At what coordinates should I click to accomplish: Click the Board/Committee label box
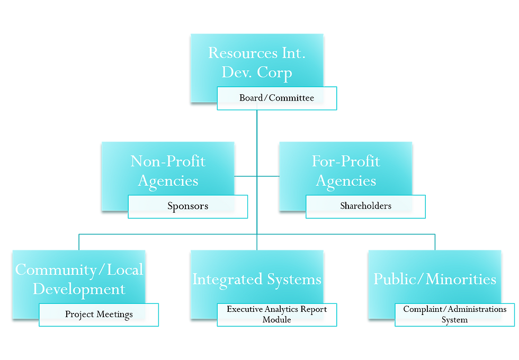pos(276,98)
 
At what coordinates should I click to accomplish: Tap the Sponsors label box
pos(187,206)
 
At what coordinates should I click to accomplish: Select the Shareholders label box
pos(365,206)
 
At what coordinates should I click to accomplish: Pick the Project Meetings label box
pos(99,314)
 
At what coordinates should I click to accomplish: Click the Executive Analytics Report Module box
pos(276,314)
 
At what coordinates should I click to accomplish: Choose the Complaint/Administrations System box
pos(454,314)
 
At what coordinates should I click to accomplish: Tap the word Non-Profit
pos(168,161)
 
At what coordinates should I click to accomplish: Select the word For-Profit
pos(346,161)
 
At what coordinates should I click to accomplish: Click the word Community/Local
pos(79,269)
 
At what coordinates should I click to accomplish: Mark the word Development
pos(79,289)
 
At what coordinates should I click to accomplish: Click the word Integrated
pos(227,279)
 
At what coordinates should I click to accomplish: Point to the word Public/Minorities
pos(435,279)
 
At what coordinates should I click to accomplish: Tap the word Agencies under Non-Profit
pos(168,181)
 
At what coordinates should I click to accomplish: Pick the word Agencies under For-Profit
pos(346,181)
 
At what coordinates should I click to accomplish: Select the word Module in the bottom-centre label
pos(276,320)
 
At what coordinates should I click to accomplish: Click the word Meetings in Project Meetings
pos(115,314)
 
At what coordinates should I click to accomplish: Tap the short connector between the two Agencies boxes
pos(256,176)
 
